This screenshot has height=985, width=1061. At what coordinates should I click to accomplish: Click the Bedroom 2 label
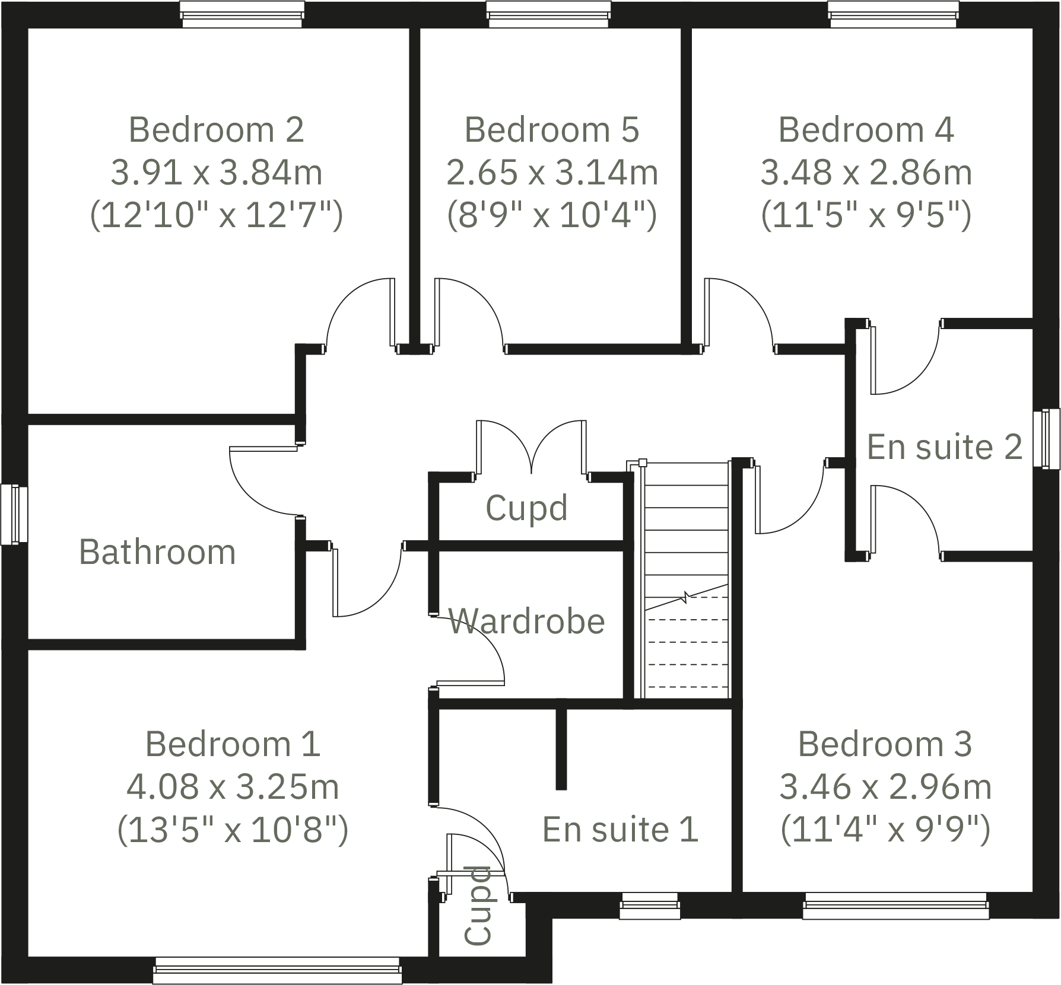(216, 129)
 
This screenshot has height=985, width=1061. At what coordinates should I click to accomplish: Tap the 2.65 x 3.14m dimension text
(552, 173)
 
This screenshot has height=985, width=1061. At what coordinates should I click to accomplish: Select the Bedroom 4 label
(866, 129)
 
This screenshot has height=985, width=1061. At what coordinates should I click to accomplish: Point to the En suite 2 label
(945, 447)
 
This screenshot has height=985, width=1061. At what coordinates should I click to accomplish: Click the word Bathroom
(157, 552)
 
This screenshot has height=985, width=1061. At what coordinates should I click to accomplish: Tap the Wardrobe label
(526, 621)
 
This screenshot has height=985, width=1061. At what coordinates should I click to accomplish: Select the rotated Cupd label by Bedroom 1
(478, 905)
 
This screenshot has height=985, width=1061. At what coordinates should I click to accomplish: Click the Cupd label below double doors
(526, 508)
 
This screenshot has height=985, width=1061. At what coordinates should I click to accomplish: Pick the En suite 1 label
(620, 829)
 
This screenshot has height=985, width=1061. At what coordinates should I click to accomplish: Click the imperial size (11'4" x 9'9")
(885, 829)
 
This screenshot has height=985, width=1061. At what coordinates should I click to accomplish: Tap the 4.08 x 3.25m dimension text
(233, 787)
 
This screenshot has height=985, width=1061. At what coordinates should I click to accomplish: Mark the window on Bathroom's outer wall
(14, 515)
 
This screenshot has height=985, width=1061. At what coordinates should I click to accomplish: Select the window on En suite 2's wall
(1046, 438)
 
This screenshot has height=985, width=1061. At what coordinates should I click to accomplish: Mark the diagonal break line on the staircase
(687, 597)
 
